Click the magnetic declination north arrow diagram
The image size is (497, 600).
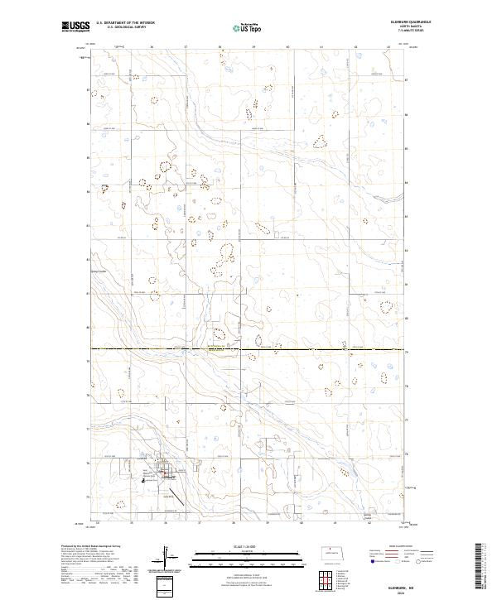click(x=165, y=554)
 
